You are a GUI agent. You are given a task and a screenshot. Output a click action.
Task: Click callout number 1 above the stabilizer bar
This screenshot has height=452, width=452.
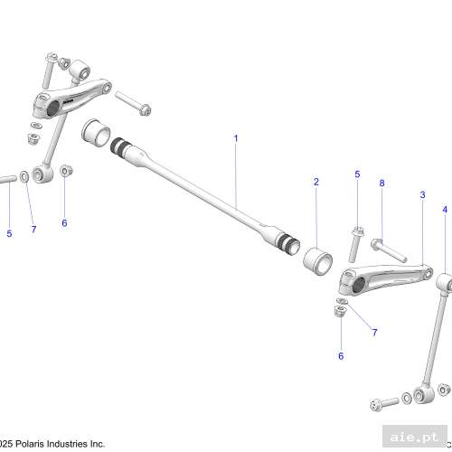point(236,138)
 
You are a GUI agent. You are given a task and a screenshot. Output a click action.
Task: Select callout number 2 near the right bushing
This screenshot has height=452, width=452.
point(316,182)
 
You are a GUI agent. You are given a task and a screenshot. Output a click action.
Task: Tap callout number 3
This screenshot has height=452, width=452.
point(422,194)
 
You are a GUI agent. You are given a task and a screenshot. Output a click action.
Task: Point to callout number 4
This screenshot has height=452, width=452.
point(444,209)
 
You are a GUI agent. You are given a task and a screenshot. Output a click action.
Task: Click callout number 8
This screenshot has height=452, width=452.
point(381,183)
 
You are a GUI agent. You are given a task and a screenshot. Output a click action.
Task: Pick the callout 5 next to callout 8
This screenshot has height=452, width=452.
point(357,174)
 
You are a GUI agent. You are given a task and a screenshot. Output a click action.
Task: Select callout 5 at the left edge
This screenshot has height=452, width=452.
point(10,234)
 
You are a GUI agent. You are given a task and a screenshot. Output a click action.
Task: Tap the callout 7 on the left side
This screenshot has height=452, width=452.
point(33,229)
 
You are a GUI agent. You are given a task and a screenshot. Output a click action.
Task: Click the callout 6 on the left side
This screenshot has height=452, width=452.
point(64,222)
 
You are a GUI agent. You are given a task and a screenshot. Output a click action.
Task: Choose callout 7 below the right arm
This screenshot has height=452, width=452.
point(374,333)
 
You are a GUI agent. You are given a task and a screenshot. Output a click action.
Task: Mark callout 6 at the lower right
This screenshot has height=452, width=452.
point(341,356)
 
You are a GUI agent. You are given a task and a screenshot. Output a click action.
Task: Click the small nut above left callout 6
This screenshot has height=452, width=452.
point(66,170)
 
